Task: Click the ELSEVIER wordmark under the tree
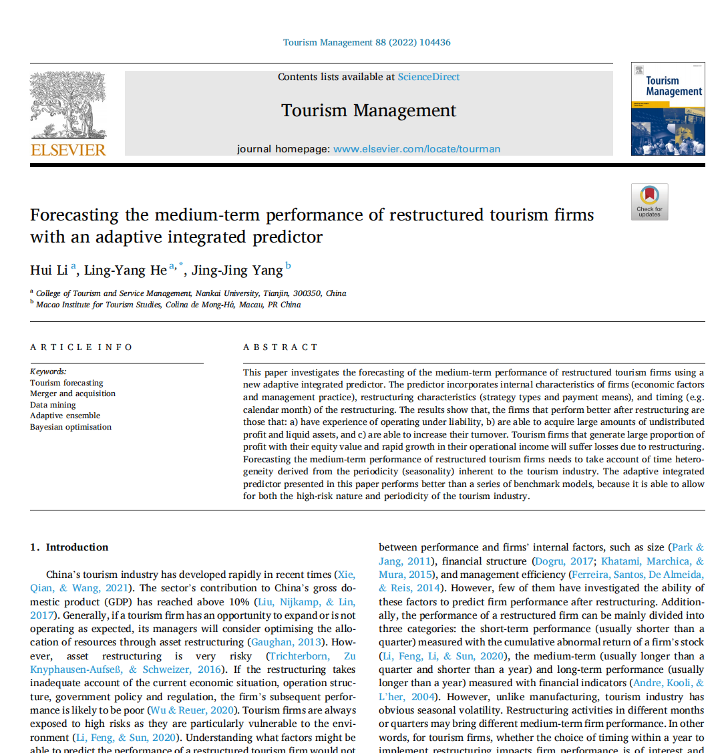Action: pos(68,150)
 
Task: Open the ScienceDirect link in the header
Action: pos(429,77)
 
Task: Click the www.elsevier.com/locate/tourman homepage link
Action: pos(417,149)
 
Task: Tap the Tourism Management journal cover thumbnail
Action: pos(668,110)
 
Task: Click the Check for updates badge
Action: pos(649,201)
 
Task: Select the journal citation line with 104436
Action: pos(367,42)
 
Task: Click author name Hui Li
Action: pos(49,271)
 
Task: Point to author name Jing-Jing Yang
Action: pos(237,271)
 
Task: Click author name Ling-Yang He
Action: pos(125,271)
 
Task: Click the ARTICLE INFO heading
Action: pos(81,347)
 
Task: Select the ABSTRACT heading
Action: pos(281,347)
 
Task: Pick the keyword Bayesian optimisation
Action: pos(71,427)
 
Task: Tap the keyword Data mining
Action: pos(53,405)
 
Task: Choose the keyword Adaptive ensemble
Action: pos(65,416)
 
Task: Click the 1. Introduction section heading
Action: pos(69,547)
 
